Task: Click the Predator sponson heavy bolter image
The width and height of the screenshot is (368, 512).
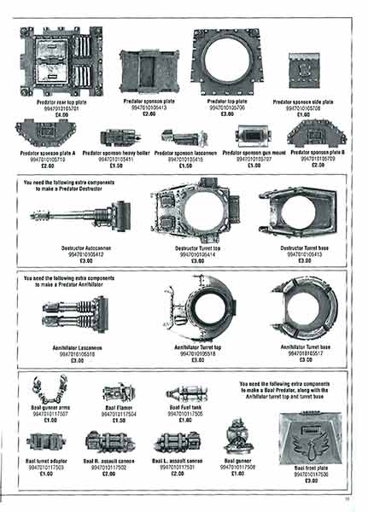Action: (x=121, y=137)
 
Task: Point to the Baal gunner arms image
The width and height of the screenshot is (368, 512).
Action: (x=49, y=391)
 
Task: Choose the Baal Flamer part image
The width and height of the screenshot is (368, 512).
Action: (x=119, y=393)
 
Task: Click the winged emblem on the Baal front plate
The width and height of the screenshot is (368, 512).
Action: (x=305, y=444)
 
